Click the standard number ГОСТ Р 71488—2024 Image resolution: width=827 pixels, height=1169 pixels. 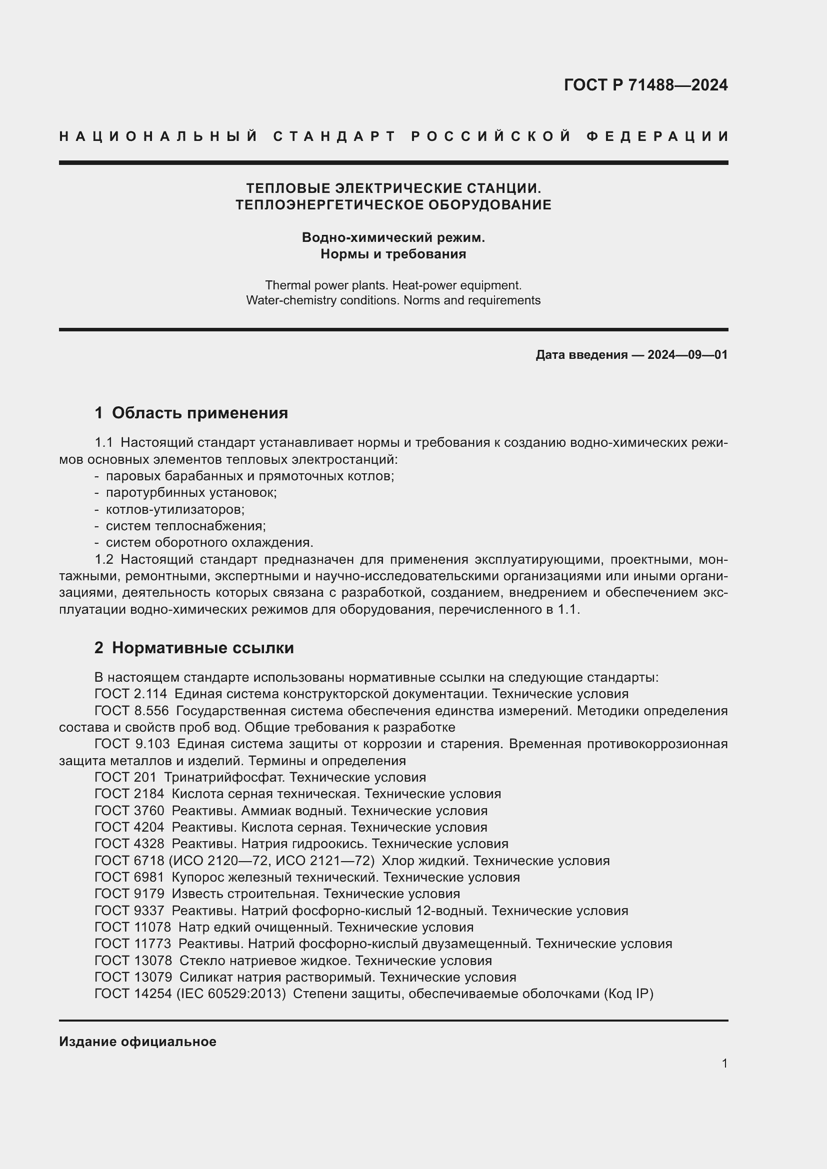[x=645, y=85]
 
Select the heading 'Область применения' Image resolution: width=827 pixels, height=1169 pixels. [x=199, y=413]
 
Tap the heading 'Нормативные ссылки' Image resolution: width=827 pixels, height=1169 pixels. [x=202, y=648]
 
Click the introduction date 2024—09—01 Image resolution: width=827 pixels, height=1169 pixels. [x=687, y=355]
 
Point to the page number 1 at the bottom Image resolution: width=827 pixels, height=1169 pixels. [x=724, y=1064]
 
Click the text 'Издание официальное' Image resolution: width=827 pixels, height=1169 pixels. [x=137, y=1042]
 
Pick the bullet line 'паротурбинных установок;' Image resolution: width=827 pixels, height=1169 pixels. [x=191, y=493]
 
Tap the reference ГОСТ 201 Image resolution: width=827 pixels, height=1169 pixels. [x=125, y=778]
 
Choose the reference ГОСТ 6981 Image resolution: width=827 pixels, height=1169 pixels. [x=129, y=877]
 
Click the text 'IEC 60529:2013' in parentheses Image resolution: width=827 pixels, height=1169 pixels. [x=231, y=994]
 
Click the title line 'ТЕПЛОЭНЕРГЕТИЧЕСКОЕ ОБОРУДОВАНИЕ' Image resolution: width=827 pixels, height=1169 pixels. [x=393, y=205]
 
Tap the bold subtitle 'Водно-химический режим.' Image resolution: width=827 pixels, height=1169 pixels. [x=393, y=238]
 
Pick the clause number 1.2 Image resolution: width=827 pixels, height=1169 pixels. [x=104, y=560]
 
